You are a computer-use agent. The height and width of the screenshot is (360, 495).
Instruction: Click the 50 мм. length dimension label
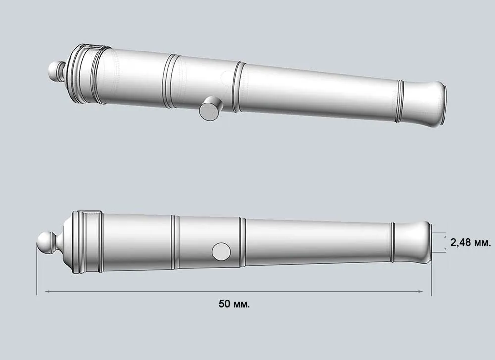point(234,304)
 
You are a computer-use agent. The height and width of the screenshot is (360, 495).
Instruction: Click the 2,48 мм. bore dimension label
point(470,243)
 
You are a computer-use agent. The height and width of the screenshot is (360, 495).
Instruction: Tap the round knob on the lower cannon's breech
point(46,243)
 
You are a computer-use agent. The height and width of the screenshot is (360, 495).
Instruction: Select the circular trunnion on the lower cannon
point(221,252)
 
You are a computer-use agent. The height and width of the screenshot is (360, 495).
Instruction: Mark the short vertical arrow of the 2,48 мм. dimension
point(446,243)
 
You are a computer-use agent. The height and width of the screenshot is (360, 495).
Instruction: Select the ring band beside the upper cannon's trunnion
point(238,87)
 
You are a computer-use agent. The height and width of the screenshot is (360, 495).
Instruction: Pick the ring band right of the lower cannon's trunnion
point(242,242)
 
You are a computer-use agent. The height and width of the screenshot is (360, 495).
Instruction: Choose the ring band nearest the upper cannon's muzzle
point(400,101)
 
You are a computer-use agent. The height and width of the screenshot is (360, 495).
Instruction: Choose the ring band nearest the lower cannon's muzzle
point(392,242)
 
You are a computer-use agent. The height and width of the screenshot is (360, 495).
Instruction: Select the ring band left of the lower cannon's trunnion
point(175,242)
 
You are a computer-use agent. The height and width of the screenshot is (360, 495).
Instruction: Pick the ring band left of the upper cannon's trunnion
point(171,81)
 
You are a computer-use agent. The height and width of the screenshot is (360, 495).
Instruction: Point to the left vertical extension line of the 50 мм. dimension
point(37,272)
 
